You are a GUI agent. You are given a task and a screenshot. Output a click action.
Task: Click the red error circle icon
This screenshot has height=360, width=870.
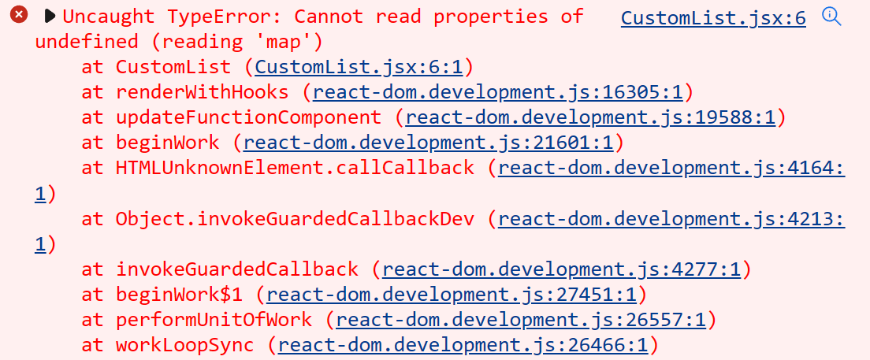pos(19,15)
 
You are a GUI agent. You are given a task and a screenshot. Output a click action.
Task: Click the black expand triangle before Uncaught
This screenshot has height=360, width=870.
pos(50,15)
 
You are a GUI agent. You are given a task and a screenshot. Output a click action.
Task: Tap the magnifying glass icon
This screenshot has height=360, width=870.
pos(831,17)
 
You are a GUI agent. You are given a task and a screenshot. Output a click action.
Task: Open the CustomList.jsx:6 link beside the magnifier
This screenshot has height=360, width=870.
pos(713,18)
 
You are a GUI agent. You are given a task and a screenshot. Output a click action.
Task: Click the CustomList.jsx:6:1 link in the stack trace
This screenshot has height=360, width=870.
pos(363,67)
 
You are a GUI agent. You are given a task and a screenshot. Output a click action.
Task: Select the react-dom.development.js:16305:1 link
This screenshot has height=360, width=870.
pos(498,92)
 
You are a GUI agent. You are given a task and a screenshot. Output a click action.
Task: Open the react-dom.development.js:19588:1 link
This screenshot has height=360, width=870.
pos(591,117)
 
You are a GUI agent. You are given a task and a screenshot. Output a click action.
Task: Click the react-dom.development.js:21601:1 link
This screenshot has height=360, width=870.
pos(429,143)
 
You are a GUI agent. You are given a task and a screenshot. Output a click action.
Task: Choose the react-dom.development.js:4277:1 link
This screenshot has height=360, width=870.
pos(562,269)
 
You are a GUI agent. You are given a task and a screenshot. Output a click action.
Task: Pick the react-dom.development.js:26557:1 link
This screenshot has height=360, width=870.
pos(522,320)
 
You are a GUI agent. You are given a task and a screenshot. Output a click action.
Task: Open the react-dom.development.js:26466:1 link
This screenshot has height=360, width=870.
pos(463,345)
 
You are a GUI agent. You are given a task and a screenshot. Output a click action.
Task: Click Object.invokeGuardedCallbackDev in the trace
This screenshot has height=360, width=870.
pos(296,218)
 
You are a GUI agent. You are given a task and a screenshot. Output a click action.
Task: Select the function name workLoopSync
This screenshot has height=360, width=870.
pos(185,345)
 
